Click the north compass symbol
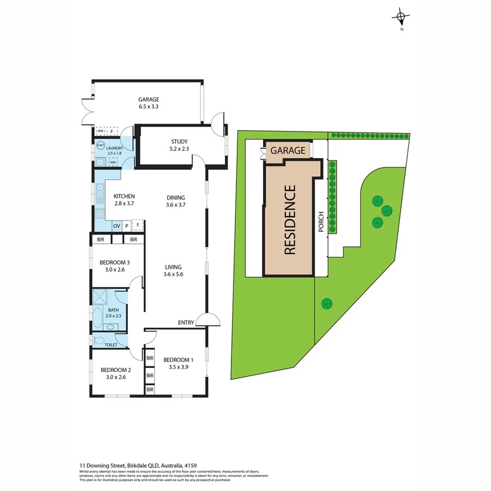pos(401,18)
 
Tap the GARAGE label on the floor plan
pos(148,99)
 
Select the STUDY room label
pos(179,142)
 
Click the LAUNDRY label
pos(115,148)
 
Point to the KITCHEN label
pos(124,196)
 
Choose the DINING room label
pos(176,197)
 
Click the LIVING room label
pos(173,267)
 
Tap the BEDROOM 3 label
pos(113,261)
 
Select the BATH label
pos(113,310)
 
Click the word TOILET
pos(112,345)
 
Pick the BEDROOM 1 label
pos(178,360)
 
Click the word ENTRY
pos(186,322)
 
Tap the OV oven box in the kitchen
pos(116,225)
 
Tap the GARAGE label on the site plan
pos(289,150)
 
